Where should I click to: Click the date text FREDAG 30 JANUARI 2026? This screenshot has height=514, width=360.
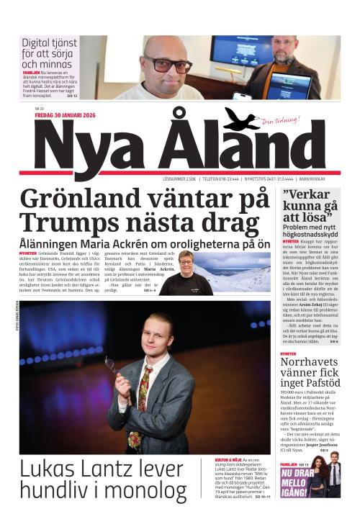(x=62, y=114)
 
